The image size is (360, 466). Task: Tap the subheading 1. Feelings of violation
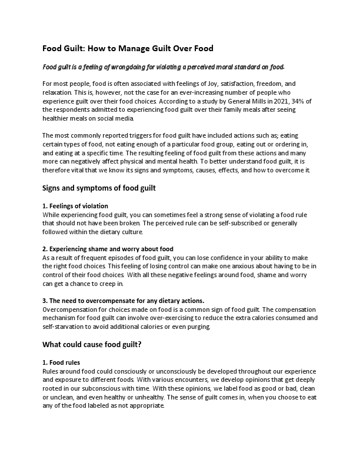click(75, 206)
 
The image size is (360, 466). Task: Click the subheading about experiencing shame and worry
click(108, 249)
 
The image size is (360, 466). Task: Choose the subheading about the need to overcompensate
click(123, 301)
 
